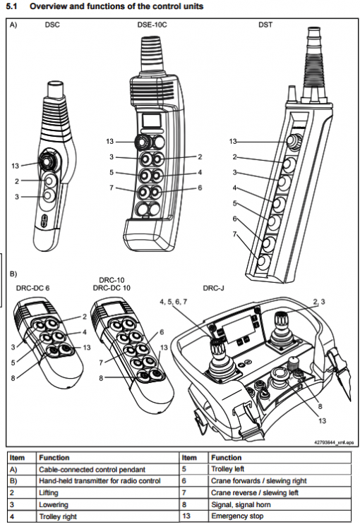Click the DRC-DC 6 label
click(32, 288)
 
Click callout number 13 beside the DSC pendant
click(16, 166)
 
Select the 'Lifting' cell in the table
click(49, 493)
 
